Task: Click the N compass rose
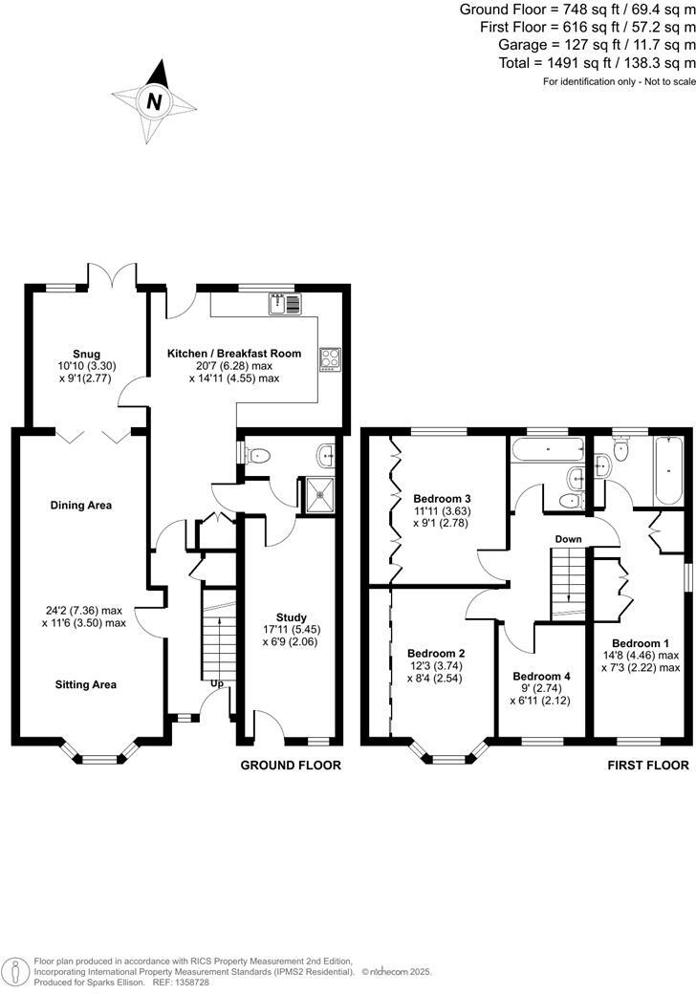[151, 99]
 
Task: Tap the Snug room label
[86, 354]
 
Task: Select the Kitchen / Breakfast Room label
[234, 353]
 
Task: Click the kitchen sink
[285, 304]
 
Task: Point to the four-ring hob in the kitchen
[330, 358]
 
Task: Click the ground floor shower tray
[315, 493]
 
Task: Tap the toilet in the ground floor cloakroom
[258, 455]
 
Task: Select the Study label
[290, 617]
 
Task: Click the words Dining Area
[81, 505]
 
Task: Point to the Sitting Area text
[81, 684]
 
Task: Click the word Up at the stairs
[217, 709]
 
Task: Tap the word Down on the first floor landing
[568, 539]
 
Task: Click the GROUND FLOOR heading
[290, 765]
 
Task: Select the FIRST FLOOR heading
[647, 765]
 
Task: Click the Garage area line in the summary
[597, 45]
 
